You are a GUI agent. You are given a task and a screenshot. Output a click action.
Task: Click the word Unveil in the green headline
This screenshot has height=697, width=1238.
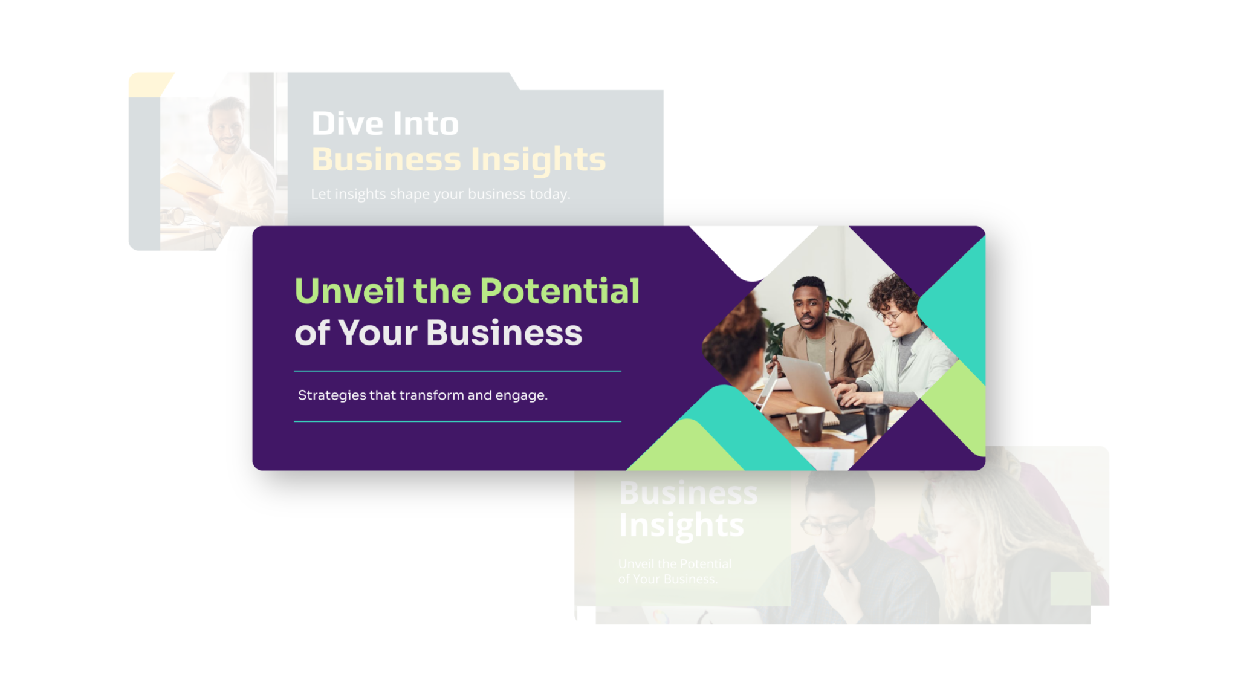349,291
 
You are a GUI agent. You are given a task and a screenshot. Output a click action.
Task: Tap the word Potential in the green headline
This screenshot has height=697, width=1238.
560,291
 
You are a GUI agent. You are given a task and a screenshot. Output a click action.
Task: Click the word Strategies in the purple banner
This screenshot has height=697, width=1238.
332,395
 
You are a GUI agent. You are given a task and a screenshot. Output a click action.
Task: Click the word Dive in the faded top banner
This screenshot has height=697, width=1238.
348,123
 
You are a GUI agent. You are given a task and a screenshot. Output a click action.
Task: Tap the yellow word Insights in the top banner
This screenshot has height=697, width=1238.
538,160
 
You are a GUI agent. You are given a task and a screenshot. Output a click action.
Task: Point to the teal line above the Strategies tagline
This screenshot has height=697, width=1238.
458,371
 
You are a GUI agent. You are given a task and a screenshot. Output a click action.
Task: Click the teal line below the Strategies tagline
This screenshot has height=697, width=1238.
458,421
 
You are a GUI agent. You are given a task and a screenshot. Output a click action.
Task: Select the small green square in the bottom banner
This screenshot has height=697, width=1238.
1070,588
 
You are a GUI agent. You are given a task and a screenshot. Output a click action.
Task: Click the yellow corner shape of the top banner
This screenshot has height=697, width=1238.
148,83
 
